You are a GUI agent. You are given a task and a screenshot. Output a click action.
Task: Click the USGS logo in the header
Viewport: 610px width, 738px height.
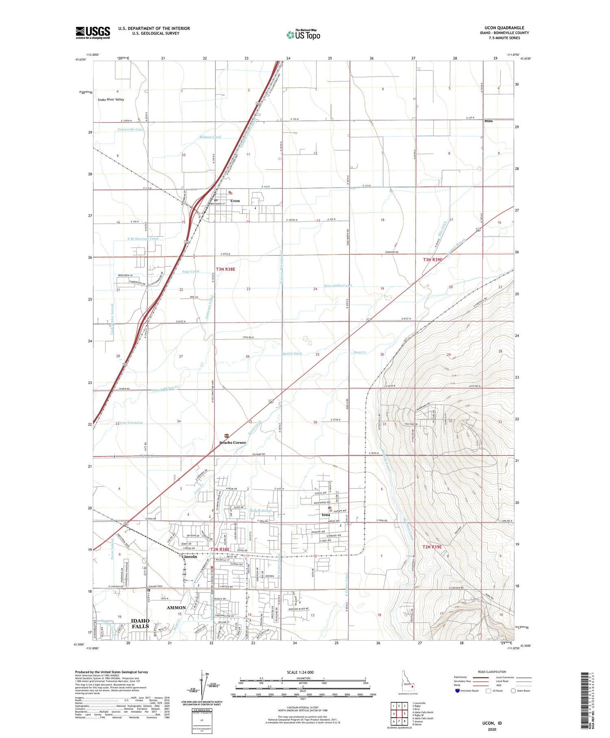point(93,33)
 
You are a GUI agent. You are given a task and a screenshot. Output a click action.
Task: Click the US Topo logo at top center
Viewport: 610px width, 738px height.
point(303,35)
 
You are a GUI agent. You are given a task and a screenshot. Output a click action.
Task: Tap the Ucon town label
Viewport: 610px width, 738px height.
point(235,201)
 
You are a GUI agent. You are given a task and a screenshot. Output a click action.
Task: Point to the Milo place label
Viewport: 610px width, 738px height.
point(488,121)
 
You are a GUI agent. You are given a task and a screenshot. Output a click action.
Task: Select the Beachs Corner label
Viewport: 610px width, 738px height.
point(233,442)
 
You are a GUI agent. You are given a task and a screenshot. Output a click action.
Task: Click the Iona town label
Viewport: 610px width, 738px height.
point(326,515)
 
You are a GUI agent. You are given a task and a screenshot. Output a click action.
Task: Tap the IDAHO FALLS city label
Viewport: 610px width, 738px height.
point(140,623)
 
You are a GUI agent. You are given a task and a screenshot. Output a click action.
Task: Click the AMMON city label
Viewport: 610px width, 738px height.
point(176,607)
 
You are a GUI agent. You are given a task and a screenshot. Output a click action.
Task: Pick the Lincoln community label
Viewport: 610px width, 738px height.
point(190,556)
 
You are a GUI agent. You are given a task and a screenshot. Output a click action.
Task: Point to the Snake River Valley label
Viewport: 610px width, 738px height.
point(111,99)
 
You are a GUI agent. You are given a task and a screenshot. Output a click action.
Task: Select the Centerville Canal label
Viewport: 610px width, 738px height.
point(131,129)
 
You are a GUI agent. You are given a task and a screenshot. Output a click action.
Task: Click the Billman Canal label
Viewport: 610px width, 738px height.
point(210,137)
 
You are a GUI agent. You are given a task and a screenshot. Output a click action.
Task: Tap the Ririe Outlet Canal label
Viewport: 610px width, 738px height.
point(338,285)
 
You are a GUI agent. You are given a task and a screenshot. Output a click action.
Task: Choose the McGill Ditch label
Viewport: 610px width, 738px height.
point(292,354)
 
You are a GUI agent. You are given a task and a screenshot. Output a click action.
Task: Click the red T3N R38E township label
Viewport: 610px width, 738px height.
point(225,269)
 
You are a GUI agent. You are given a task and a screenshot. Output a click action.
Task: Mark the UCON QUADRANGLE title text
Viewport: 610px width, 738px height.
point(504,28)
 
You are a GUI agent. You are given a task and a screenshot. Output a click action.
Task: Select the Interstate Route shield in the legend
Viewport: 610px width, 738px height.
point(457,691)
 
